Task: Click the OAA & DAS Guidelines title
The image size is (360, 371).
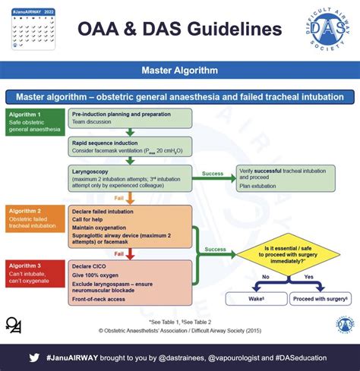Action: click(180, 30)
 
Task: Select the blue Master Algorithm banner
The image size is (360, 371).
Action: click(180, 71)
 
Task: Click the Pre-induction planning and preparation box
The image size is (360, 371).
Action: click(130, 117)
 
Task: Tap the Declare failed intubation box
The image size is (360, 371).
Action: click(130, 226)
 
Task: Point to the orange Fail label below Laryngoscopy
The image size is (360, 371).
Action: click(119, 198)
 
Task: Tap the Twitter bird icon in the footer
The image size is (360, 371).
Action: click(34, 355)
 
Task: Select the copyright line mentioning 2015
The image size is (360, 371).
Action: click(180, 330)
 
